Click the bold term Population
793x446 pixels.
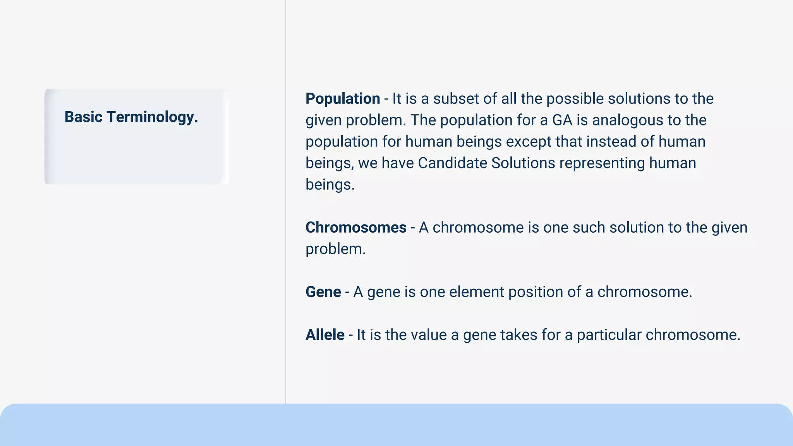[343, 99]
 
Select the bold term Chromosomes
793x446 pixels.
[356, 228]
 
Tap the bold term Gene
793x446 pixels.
[323, 292]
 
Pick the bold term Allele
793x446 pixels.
[325, 335]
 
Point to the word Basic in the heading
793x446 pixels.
[83, 117]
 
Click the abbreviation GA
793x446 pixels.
[562, 120]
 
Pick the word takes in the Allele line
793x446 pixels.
[518, 335]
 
